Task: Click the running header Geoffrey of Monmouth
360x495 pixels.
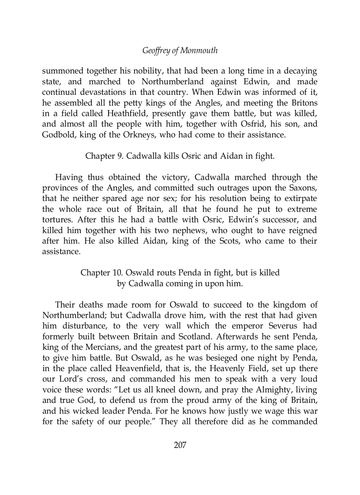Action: point(180,50)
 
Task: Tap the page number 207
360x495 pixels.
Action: point(180,445)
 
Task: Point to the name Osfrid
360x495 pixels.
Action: point(254,124)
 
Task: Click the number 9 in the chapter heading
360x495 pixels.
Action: point(121,156)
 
